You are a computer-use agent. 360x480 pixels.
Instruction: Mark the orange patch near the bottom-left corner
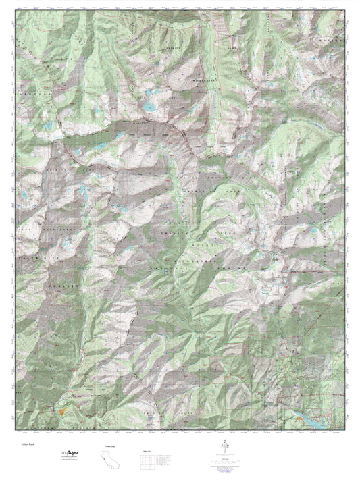(x=61, y=408)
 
